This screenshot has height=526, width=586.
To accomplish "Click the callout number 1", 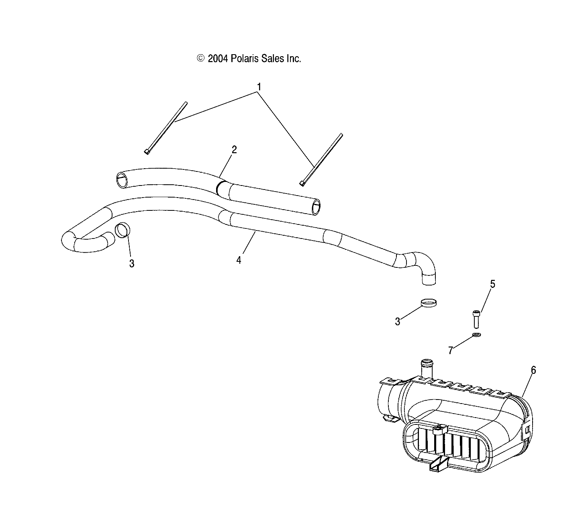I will point(259,87).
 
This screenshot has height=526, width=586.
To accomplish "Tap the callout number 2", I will point(234,150).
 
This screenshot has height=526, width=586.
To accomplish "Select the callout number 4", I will point(239,260).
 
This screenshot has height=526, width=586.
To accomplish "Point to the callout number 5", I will point(492,284).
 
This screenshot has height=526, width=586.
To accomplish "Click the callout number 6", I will point(533,370).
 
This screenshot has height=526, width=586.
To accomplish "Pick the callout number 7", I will point(450,351).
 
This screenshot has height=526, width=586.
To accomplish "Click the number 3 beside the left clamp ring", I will point(131,264).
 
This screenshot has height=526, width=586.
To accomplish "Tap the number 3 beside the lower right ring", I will point(397,322).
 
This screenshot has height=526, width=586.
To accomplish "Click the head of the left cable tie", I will point(147,151).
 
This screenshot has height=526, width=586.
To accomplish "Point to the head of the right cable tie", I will point(302,183).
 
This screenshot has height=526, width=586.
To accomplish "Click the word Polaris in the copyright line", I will point(245,59).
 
